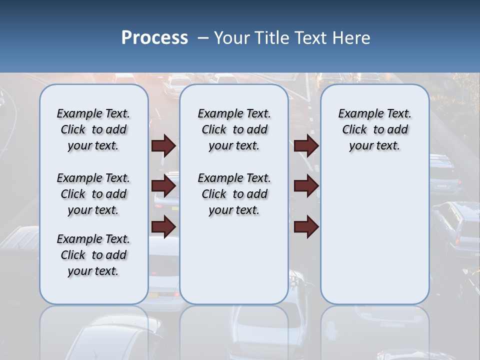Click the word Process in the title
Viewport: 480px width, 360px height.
coord(154,38)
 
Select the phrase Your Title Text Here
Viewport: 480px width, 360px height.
coord(292,38)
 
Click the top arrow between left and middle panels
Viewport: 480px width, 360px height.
coord(163,146)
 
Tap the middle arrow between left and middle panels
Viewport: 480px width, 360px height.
coord(163,186)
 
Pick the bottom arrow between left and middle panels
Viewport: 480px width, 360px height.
coord(163,226)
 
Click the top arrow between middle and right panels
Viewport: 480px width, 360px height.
coord(306,146)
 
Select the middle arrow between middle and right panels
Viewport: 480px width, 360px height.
coord(306,186)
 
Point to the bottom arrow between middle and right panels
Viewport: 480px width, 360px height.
coord(306,226)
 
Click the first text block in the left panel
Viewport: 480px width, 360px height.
coord(93,129)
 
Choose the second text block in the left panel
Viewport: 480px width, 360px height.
coord(93,194)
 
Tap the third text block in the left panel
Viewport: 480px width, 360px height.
coord(93,255)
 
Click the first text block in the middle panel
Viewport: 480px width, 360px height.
coord(234,129)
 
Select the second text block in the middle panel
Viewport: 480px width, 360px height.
coord(234,194)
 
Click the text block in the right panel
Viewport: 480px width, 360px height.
coord(374,129)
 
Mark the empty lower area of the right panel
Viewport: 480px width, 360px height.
coord(374,230)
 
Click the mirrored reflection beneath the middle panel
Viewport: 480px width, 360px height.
coord(234,330)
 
